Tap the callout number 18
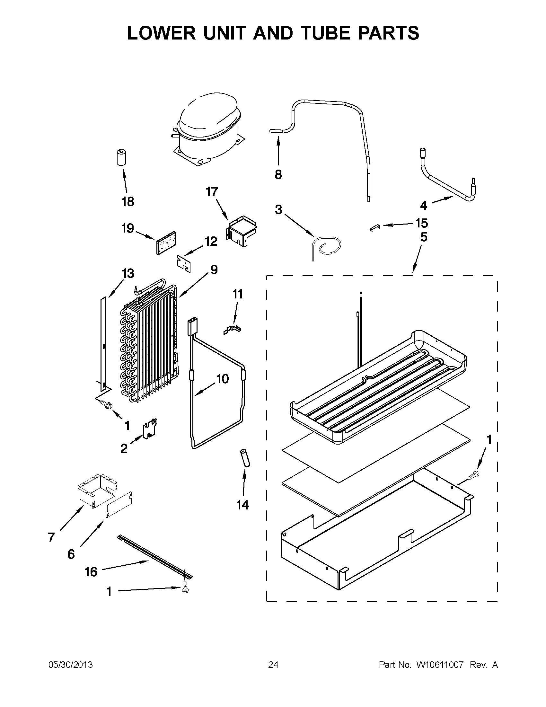pos(128,202)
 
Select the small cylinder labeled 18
pos(121,157)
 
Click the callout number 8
pos(278,175)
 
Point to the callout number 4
pos(424,205)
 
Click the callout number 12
pos(211,242)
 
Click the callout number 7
pos(51,537)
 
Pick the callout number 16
pos(91,572)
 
